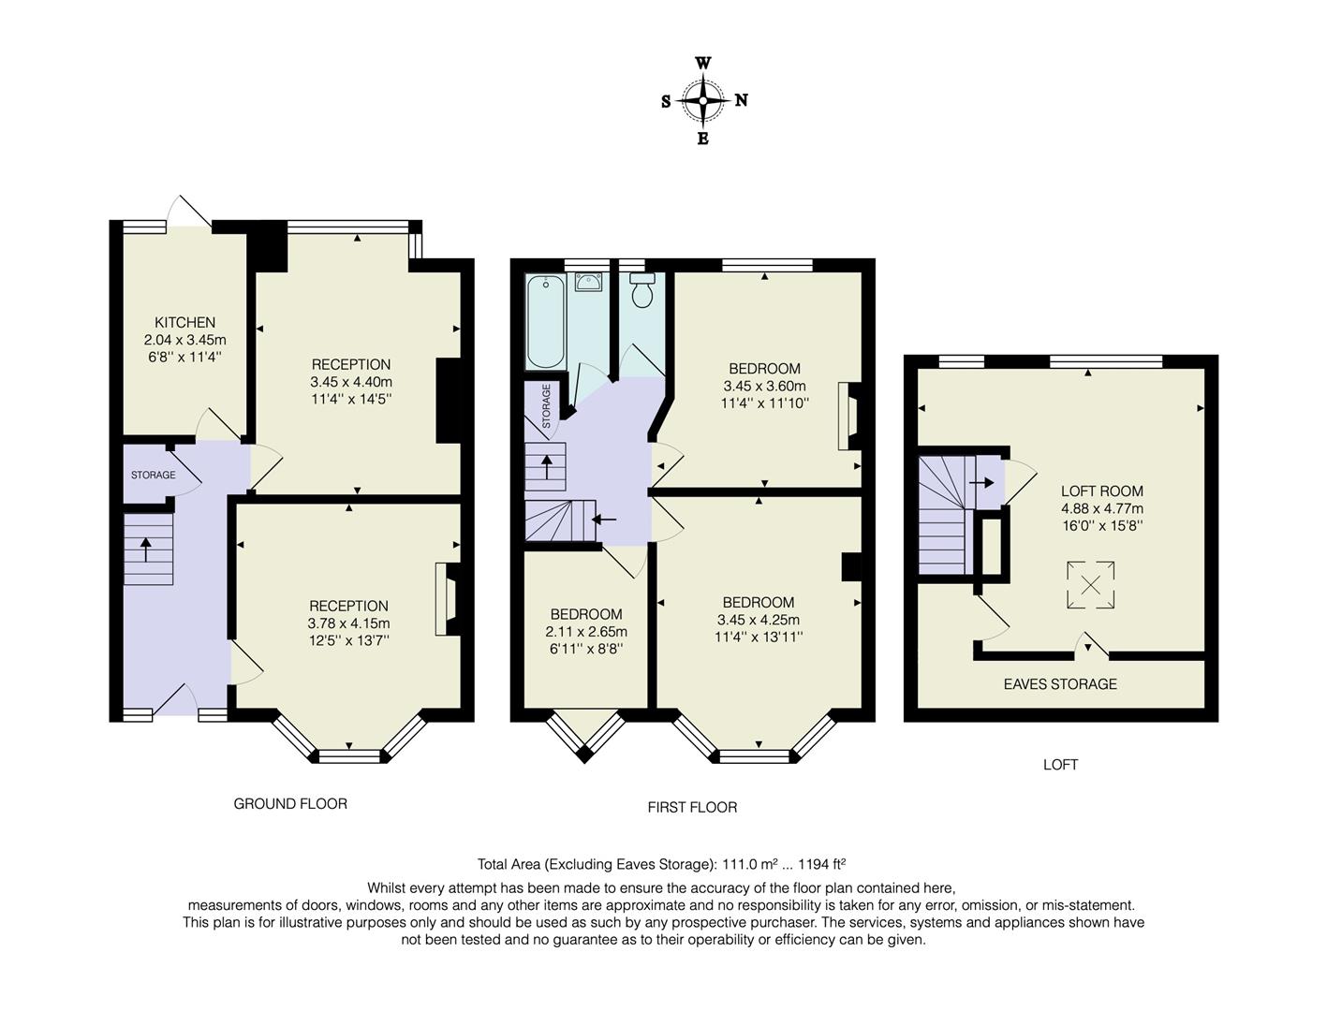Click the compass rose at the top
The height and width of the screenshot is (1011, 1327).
[x=702, y=100]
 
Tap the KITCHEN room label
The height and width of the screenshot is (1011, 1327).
[x=184, y=322]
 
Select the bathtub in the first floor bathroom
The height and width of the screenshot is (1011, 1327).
[x=545, y=322]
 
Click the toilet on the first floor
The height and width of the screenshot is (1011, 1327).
[x=642, y=292]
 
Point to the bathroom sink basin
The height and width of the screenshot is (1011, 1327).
[x=588, y=282]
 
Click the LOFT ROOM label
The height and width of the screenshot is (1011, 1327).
[x=1101, y=491]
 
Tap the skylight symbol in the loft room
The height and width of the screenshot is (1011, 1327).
[x=1090, y=586]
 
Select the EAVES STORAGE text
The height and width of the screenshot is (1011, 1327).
[x=1060, y=684]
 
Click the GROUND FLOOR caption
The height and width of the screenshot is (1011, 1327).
[x=290, y=803]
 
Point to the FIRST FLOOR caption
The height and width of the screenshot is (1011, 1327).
[x=692, y=807]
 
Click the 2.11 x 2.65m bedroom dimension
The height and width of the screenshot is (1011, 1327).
[x=586, y=632]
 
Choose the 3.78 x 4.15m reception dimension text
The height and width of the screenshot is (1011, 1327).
[x=348, y=623]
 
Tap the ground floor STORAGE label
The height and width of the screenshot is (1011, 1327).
[x=153, y=475]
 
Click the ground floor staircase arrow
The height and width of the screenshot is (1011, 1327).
[x=145, y=548]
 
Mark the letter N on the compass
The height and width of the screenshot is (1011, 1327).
[x=741, y=100]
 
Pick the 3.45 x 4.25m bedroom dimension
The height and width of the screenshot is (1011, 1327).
[x=758, y=620]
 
